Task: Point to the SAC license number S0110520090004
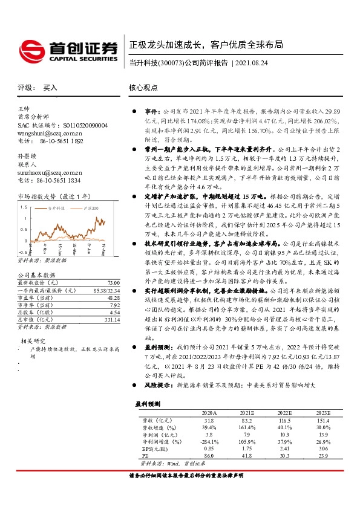click(x=78, y=125)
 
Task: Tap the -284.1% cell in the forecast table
click(x=192, y=443)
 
